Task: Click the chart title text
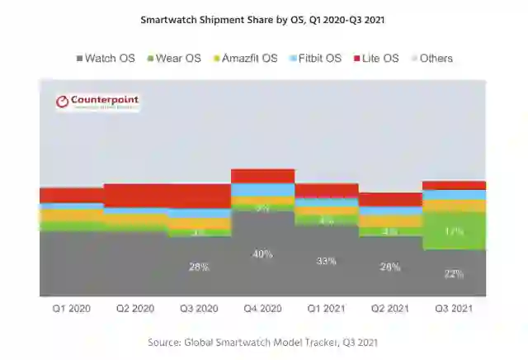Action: pyautogui.click(x=263, y=18)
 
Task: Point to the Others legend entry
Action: pyautogui.click(x=431, y=59)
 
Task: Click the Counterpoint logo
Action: pyautogui.click(x=97, y=102)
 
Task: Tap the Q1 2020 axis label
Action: pyautogui.click(x=71, y=308)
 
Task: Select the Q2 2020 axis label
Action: pyautogui.click(x=134, y=308)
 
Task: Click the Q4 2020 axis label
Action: pyautogui.click(x=262, y=308)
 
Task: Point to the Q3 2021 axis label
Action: pyautogui.click(x=454, y=308)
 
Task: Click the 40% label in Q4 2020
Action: pyautogui.click(x=262, y=254)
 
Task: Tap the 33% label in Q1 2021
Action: pyautogui.click(x=326, y=261)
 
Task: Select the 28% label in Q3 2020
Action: pyautogui.click(x=199, y=267)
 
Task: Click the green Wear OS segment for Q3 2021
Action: pyautogui.click(x=454, y=231)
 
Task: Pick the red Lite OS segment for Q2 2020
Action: pyautogui.click(x=134, y=196)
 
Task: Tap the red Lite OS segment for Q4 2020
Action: pyautogui.click(x=262, y=176)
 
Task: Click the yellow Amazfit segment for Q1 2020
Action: pyautogui.click(x=71, y=215)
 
